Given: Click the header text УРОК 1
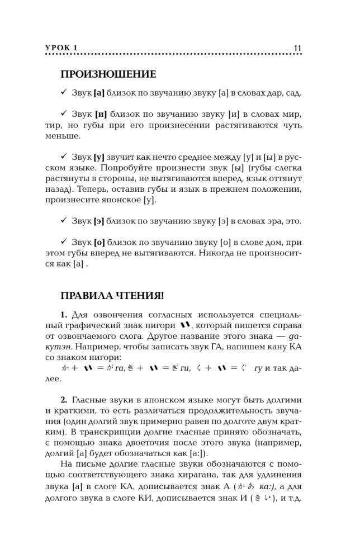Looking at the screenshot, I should point(61,48).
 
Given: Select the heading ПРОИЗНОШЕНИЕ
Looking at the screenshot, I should point(108,74).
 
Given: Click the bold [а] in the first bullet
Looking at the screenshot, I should point(100,93).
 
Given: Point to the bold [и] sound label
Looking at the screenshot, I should point(101,115).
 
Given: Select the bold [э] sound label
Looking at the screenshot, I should point(100,221).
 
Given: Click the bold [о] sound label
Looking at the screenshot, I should point(100,242).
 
